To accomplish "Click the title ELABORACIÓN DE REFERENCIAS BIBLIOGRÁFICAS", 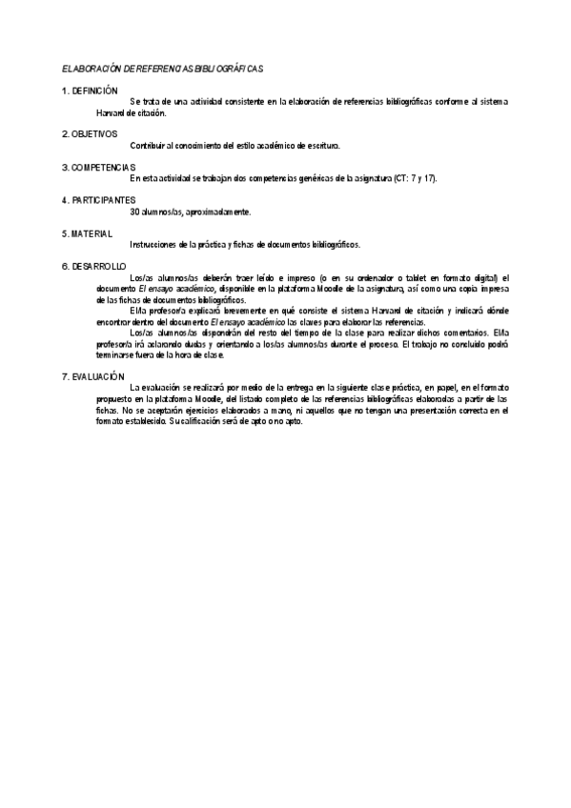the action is pos(162,70).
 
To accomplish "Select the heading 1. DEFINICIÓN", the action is pos(90,91).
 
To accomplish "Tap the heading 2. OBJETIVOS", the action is pos(90,134).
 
